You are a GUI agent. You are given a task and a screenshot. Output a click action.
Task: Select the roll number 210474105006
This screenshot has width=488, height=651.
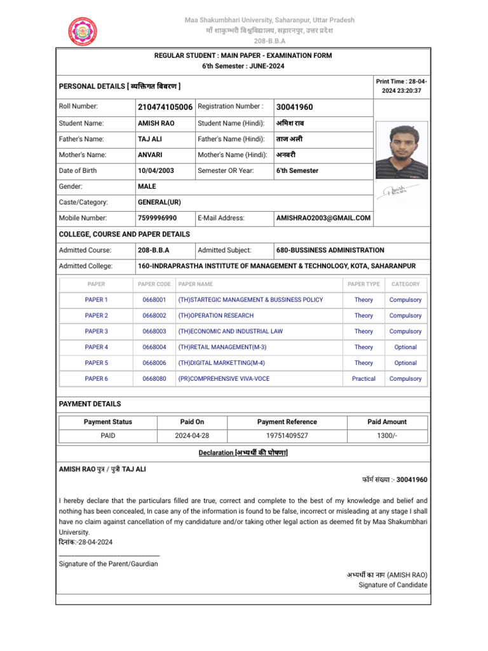[165, 107]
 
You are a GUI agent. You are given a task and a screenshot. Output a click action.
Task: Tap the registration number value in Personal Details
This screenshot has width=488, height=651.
[294, 107]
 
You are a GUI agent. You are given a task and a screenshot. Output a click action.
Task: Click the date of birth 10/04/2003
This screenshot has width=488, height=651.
[156, 171]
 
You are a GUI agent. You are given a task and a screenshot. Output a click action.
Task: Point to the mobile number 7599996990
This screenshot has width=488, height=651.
[157, 218]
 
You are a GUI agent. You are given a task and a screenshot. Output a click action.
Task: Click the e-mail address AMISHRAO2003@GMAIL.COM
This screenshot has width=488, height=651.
[323, 218]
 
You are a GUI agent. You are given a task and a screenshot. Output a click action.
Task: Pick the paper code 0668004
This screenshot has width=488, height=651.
[154, 347]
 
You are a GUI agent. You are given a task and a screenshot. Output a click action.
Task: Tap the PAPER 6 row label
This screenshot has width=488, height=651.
[97, 379]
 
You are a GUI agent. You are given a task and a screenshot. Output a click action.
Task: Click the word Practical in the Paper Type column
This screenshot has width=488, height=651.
[363, 379]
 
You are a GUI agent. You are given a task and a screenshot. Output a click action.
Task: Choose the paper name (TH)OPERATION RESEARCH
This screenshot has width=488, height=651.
[216, 315]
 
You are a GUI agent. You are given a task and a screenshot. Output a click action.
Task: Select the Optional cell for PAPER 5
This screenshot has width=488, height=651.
[405, 363]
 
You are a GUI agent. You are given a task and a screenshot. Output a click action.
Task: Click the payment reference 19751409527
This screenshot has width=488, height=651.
[287, 436]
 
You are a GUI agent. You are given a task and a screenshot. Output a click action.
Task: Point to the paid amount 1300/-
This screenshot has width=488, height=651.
[387, 436]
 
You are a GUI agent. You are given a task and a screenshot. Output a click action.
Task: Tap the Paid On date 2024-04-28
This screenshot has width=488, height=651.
[192, 436]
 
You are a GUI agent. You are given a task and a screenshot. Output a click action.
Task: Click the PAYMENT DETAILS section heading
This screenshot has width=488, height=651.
[90, 404]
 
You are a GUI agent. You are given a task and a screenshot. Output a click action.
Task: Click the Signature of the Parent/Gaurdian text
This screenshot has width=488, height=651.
[108, 564]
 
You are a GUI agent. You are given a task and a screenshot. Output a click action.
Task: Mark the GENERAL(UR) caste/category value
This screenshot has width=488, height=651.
[159, 202]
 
